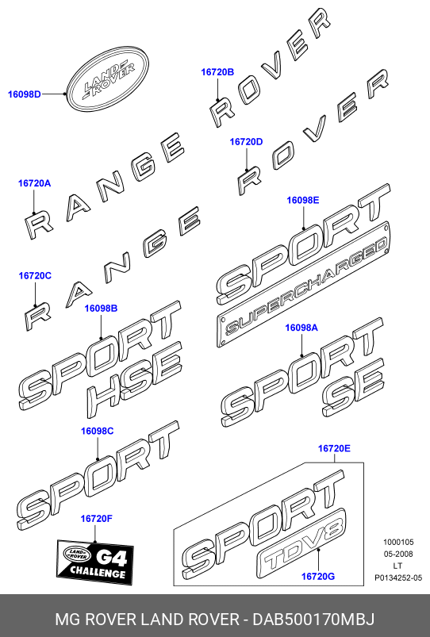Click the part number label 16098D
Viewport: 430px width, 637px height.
coord(25,94)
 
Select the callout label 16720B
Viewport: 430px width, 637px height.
coord(217,72)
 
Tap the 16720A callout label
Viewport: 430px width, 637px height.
coord(35,183)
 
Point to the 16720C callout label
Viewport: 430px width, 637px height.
coord(35,276)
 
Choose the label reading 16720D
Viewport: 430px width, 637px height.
coord(246,142)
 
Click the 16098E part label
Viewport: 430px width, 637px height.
coord(303,200)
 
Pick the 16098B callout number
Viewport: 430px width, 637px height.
coord(101,309)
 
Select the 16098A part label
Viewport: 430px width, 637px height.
coord(301,328)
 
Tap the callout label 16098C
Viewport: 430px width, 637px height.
coord(97,431)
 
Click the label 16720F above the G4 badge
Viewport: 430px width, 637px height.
coord(96,519)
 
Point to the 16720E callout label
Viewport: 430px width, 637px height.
coord(334,448)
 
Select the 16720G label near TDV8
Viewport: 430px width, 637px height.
coord(318,576)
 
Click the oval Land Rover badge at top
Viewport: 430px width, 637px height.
coord(109,80)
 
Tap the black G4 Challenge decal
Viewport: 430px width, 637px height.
coord(94,562)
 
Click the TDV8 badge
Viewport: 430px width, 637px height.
coord(301,543)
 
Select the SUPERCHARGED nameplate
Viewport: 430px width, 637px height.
coord(304,284)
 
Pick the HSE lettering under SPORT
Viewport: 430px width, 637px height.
coord(134,379)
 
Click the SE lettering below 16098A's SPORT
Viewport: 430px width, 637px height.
coord(353,388)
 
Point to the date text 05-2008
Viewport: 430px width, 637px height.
coord(398,554)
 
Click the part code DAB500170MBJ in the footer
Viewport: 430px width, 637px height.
coord(313,620)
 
